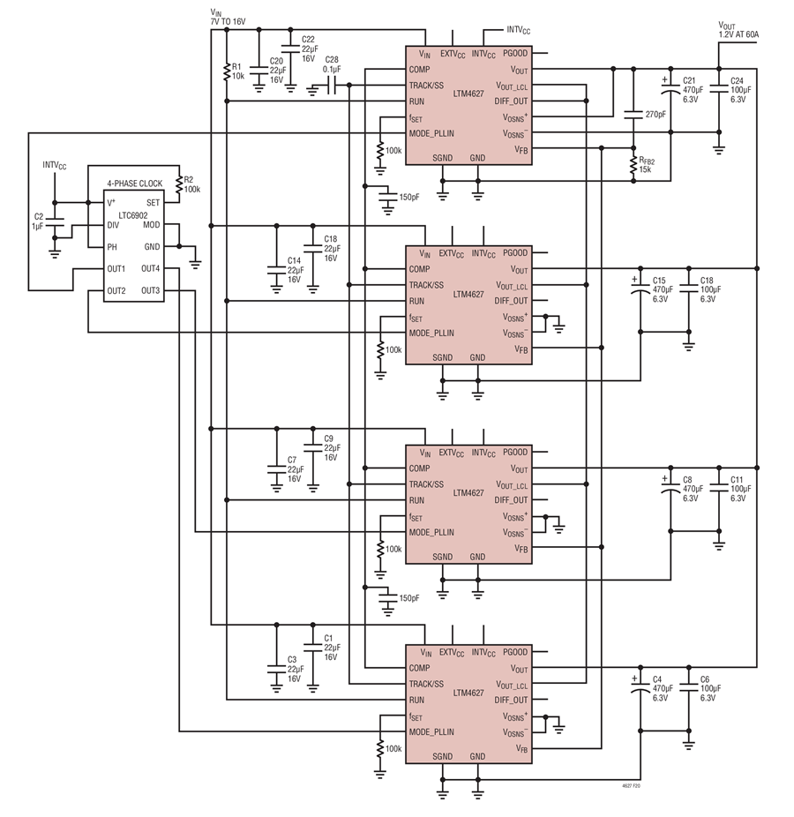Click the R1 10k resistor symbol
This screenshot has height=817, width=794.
tap(227, 71)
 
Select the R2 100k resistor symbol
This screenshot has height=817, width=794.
tap(179, 184)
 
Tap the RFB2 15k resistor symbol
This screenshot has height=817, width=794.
tap(633, 165)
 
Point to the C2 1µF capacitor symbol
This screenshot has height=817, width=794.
tap(54, 222)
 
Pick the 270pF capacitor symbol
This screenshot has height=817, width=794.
tap(633, 114)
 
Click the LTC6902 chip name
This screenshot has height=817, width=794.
tap(133, 215)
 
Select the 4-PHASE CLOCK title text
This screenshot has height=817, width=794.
tap(135, 184)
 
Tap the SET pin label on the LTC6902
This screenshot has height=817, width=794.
tap(153, 203)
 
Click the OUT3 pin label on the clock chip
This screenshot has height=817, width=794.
tap(151, 291)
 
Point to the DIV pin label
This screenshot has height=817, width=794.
tap(113, 225)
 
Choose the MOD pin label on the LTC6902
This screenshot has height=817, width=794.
tap(152, 225)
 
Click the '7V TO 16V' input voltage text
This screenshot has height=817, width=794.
tap(228, 22)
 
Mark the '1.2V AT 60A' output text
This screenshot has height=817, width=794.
tap(738, 34)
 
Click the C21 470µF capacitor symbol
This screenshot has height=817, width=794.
tap(670, 89)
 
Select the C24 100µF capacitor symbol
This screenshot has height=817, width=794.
tap(719, 89)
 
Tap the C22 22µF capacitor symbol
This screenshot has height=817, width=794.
tap(291, 49)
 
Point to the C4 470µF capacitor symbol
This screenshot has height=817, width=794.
tap(640, 688)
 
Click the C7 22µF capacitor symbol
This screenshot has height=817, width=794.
tap(277, 469)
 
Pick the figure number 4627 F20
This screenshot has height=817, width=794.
tap(631, 785)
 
